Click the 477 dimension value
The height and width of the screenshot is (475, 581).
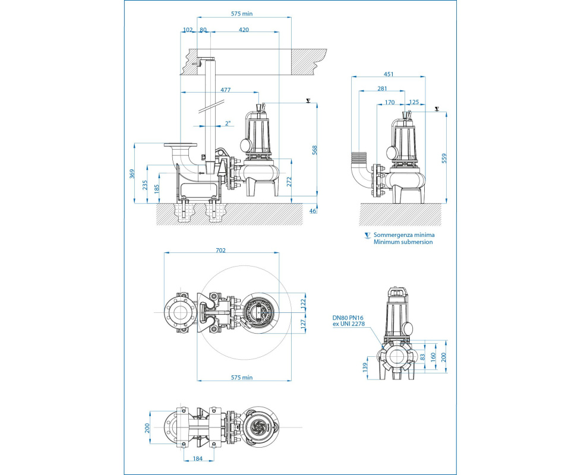(226, 90)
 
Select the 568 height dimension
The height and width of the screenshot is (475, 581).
(314, 151)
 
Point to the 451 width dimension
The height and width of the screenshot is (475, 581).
(389, 74)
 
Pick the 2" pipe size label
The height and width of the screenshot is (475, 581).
(228, 123)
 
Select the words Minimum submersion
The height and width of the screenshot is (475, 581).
(403, 242)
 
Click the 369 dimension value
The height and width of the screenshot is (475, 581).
(133, 173)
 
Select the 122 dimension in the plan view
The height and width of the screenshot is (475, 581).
(302, 302)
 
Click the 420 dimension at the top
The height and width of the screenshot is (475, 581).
(244, 29)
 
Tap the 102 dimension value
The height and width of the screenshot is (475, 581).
(188, 29)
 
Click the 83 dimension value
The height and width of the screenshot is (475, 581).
(422, 357)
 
